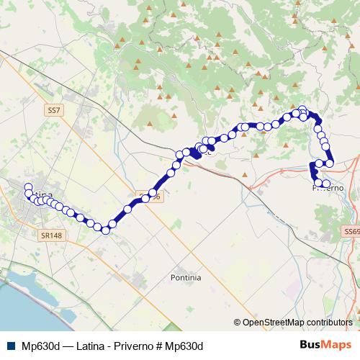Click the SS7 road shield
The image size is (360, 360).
pyautogui.click(x=53, y=111)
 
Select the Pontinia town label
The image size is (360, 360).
pyautogui.click(x=186, y=277)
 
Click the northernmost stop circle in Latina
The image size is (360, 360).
pyautogui.click(x=28, y=187)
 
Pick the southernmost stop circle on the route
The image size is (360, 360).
pyautogui.click(x=105, y=230)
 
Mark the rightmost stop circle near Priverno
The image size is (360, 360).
pyautogui.click(x=330, y=163)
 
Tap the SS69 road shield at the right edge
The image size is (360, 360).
pyautogui.click(x=351, y=232)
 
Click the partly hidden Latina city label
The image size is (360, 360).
pyautogui.click(x=43, y=194)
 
